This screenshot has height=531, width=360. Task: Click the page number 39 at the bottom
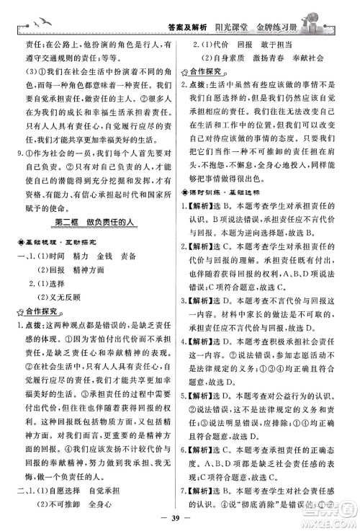click(179, 517)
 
